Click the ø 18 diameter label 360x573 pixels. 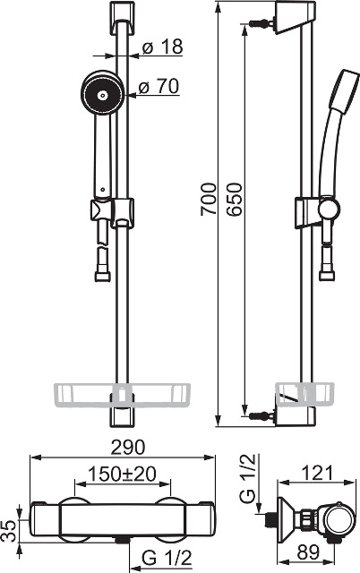pos(162,47)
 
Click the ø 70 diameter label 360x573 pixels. pos(159,87)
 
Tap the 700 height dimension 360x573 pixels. pos(209,200)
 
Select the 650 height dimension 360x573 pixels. pos(234,200)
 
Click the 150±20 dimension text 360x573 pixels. pos(123,475)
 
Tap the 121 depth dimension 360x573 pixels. pos(318,473)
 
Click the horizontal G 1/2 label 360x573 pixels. pos(167,558)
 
